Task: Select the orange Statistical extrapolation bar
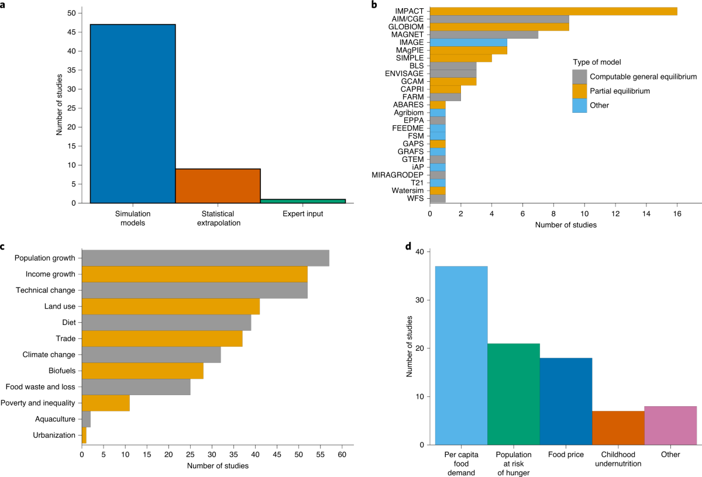click(218, 186)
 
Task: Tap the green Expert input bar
click(302, 201)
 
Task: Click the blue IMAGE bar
click(468, 42)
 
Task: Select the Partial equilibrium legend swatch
click(579, 91)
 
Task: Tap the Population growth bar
click(205, 258)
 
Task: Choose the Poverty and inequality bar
click(105, 403)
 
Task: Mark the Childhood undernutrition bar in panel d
click(618, 427)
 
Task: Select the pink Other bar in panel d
click(670, 425)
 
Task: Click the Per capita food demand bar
click(462, 355)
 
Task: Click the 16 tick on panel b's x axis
click(677, 213)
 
